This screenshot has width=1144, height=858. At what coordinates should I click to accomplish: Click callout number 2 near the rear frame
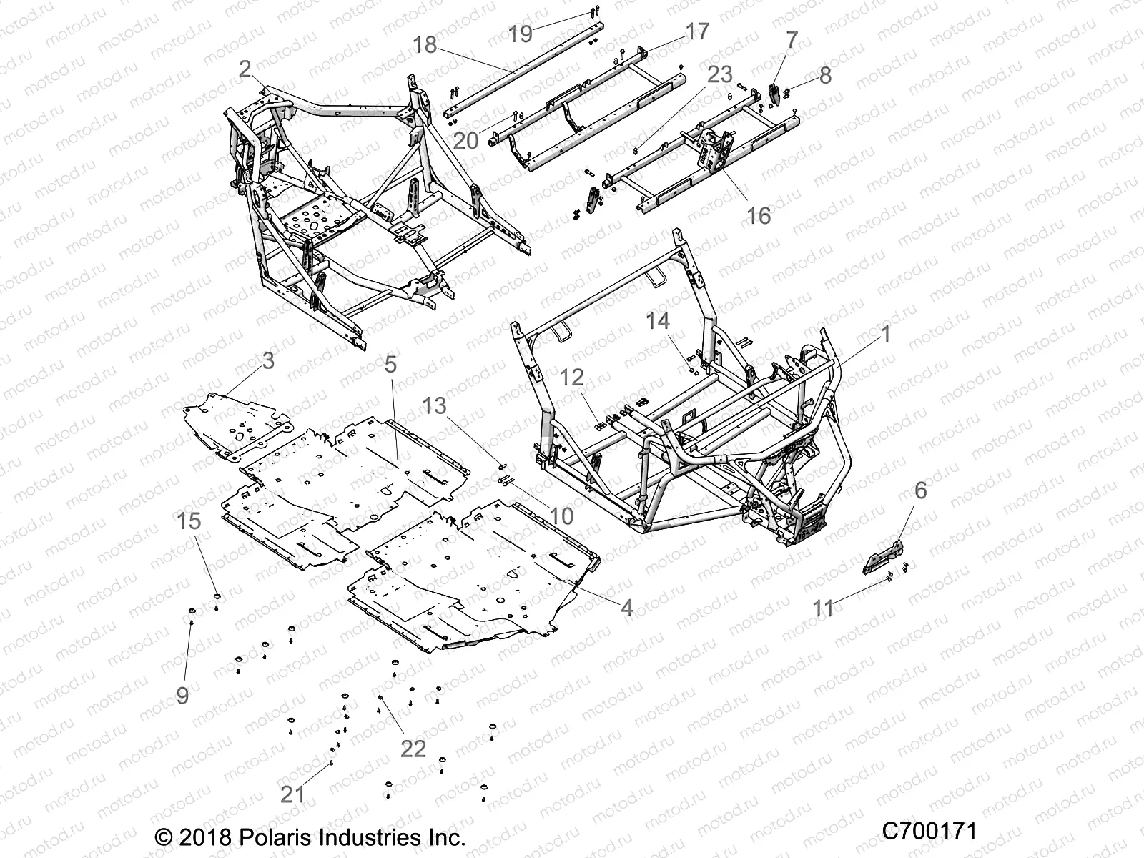click(x=245, y=69)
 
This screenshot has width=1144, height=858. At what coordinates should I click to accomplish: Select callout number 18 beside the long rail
click(x=425, y=45)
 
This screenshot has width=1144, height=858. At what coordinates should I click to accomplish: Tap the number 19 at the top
click(x=521, y=33)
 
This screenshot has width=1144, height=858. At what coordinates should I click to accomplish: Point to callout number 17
click(x=696, y=31)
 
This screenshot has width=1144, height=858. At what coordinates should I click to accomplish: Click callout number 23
click(x=721, y=74)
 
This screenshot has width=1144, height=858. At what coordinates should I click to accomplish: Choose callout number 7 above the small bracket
click(x=792, y=41)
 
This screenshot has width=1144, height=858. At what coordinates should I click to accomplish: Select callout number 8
click(x=826, y=75)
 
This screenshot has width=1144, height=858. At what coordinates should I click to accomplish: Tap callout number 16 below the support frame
click(x=759, y=214)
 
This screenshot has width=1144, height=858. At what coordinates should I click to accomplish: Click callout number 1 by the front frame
click(x=885, y=333)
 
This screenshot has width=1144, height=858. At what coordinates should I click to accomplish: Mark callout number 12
click(x=572, y=378)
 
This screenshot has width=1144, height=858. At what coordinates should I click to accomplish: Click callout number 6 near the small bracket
click(x=920, y=490)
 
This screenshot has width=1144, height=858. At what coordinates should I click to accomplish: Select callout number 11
click(x=824, y=609)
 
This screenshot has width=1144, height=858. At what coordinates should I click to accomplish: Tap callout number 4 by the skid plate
click(x=626, y=608)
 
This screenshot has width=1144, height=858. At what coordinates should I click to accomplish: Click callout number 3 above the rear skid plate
click(x=268, y=361)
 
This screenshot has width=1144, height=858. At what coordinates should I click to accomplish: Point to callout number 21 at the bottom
click(x=292, y=794)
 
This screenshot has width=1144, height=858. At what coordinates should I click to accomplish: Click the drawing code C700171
click(x=929, y=831)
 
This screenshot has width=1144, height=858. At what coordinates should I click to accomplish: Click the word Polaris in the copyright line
click(x=282, y=837)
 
